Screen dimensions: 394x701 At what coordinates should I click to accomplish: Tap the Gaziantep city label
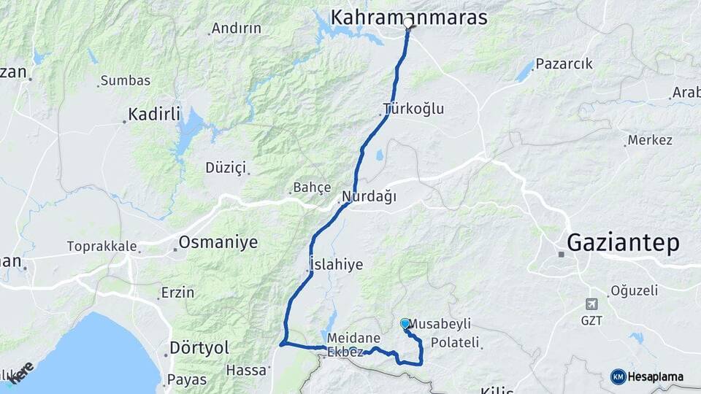[623, 243]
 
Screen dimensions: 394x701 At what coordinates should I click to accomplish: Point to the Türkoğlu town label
[414, 109]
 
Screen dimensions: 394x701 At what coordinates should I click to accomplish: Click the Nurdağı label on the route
[369, 196]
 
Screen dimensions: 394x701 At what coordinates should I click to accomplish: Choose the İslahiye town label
[336, 264]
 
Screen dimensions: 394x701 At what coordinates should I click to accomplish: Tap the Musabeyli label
[440, 323]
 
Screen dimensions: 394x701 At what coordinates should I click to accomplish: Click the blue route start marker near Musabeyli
[405, 323]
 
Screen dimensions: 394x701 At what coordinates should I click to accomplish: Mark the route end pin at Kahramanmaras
[408, 26]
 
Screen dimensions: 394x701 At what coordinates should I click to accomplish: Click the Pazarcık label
[564, 63]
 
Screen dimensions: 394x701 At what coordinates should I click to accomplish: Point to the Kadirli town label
[154, 114]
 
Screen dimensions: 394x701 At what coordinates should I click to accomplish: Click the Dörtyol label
[199, 347]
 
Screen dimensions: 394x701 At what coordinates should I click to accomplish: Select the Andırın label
[236, 29]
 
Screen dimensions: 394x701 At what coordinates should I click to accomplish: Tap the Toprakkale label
[101, 246]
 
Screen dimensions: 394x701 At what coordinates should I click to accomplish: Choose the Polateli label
[455, 342]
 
